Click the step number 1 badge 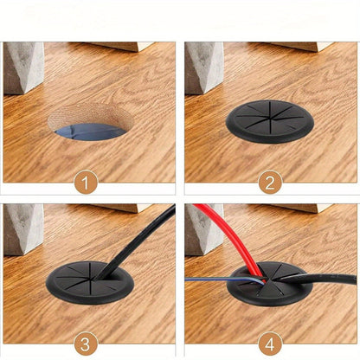point(86,183)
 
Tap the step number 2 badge point(270,183)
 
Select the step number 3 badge point(86,344)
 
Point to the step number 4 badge point(270,344)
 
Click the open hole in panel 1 point(91,122)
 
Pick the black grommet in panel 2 point(270,121)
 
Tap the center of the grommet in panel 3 point(92,280)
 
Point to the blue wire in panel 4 point(225,280)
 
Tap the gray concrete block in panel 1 point(23,68)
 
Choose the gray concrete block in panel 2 point(204,68)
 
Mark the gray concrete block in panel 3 point(23,229)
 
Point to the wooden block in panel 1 point(121,47)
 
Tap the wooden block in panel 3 point(121,208)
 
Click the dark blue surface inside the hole point(91,132)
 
